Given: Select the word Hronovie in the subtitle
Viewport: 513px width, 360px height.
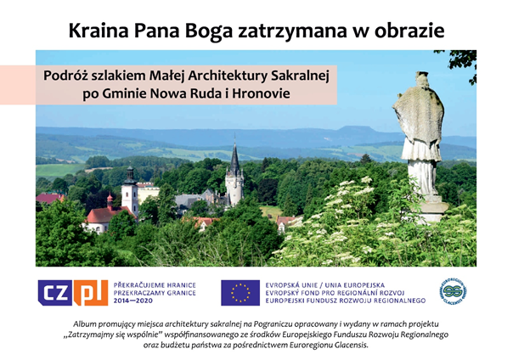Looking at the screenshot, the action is tap(261, 94).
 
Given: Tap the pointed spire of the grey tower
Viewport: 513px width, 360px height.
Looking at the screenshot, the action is tap(234, 155).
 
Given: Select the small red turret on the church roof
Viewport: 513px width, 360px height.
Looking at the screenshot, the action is tap(110, 200).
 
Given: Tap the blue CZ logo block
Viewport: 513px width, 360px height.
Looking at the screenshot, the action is tap(55, 293).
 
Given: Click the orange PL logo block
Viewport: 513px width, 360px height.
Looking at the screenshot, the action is tap(91, 293).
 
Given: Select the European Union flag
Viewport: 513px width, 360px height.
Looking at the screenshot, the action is tap(240, 293).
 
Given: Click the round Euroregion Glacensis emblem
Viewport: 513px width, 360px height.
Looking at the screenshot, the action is tap(453, 291).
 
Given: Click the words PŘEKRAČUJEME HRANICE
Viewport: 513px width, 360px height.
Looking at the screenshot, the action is tap(155, 285).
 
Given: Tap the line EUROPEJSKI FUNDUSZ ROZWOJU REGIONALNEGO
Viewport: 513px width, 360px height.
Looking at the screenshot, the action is tap(346, 301).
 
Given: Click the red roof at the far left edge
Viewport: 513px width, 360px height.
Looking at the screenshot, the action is tap(50, 198).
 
